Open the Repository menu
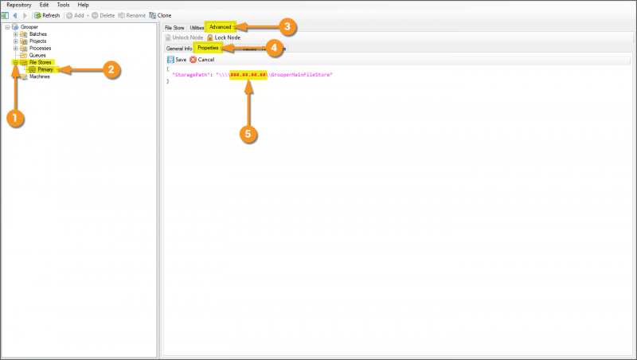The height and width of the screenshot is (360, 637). point(18,5)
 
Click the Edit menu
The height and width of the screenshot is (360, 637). point(44,5)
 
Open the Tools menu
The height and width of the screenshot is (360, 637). point(63,5)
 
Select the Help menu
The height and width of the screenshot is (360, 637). point(83,5)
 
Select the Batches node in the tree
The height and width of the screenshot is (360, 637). point(37,33)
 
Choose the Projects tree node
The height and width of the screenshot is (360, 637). point(37,41)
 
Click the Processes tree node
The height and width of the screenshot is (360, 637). point(40,48)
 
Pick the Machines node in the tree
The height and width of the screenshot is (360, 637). point(39,76)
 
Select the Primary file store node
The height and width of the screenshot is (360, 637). point(45,69)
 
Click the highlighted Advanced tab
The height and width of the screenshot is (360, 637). point(220,27)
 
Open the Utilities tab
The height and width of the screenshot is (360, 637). point(197,28)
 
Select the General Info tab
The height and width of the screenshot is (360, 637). point(178,49)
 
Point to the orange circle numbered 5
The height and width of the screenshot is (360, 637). point(248,134)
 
